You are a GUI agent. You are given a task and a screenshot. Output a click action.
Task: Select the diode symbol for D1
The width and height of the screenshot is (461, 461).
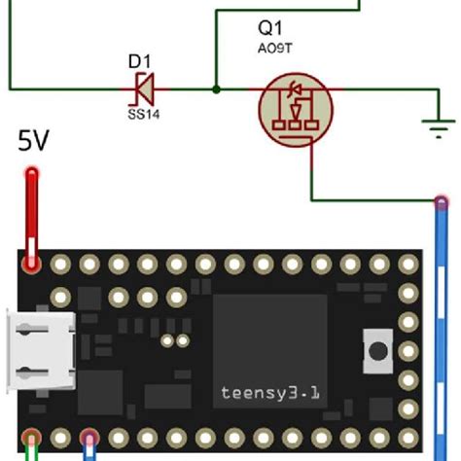[x=143, y=89]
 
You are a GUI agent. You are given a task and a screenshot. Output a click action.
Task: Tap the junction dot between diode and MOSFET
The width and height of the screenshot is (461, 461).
[x=215, y=89]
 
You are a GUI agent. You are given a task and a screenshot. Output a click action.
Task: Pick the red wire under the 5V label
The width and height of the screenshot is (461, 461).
[x=32, y=214]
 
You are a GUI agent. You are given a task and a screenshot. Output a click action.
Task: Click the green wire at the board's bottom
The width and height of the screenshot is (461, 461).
[x=32, y=449]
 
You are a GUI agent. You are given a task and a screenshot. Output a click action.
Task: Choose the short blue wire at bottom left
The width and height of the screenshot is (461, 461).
[x=89, y=449]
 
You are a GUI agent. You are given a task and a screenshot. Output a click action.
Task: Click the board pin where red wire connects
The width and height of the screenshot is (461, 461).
[x=32, y=264]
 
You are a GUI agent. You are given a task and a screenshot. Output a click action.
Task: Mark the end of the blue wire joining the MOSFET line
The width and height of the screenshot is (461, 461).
[x=442, y=203]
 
